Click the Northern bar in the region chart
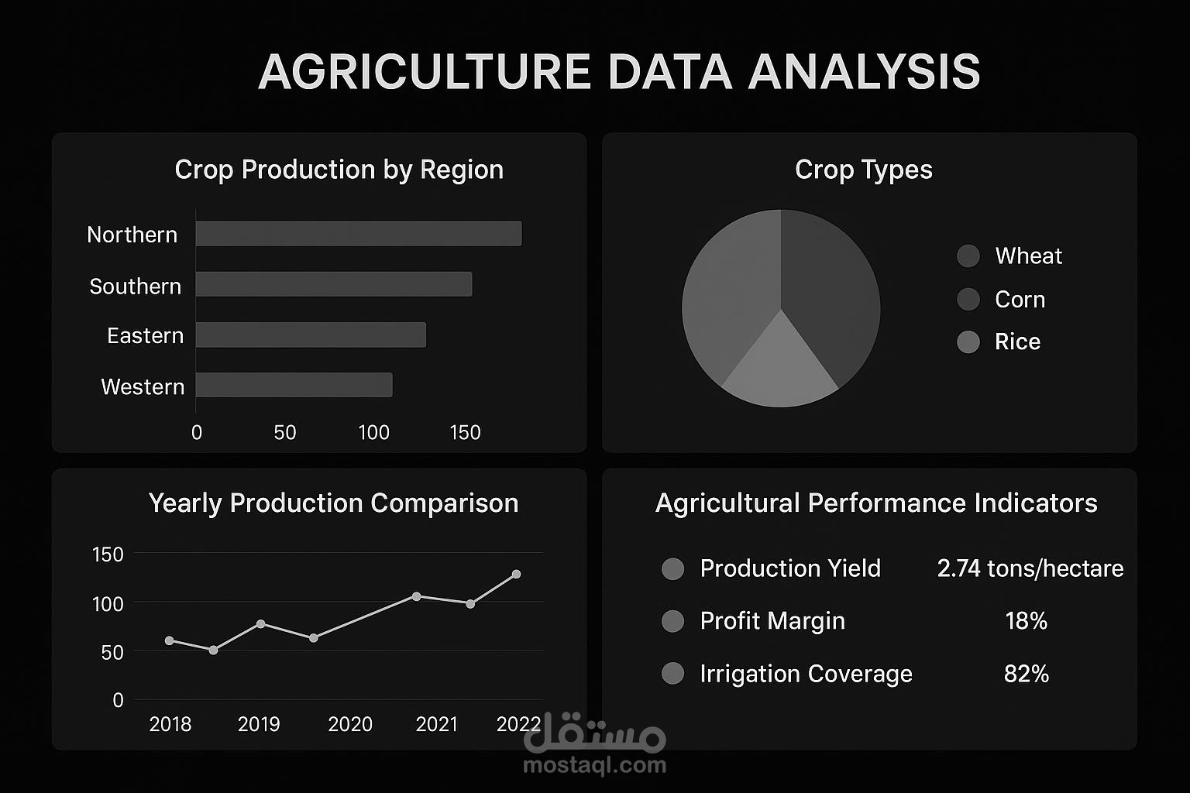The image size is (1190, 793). [x=358, y=234]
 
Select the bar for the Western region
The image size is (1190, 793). [x=294, y=385]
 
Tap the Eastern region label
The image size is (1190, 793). [x=145, y=336]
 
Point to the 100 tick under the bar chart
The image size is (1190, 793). [x=373, y=433]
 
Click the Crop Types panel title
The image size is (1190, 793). [x=863, y=170]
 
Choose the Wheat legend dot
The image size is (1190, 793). [x=968, y=256]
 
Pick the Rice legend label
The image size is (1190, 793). [x=1017, y=342]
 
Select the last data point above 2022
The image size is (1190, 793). [x=516, y=575]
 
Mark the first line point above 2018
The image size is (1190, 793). [x=170, y=640]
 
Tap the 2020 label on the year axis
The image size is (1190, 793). [x=350, y=724]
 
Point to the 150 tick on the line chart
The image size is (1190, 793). [x=108, y=554]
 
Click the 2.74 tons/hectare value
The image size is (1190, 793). [x=1030, y=568]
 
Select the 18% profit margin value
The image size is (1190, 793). [x=1026, y=621]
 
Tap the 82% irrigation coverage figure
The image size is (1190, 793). [x=1026, y=674]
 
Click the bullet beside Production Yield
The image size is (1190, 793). [x=672, y=569]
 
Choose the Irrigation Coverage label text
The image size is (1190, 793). [x=806, y=674]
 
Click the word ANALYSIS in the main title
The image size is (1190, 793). [x=864, y=72]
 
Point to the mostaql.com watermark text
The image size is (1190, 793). [x=594, y=765]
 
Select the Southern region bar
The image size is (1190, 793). [x=333, y=284]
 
